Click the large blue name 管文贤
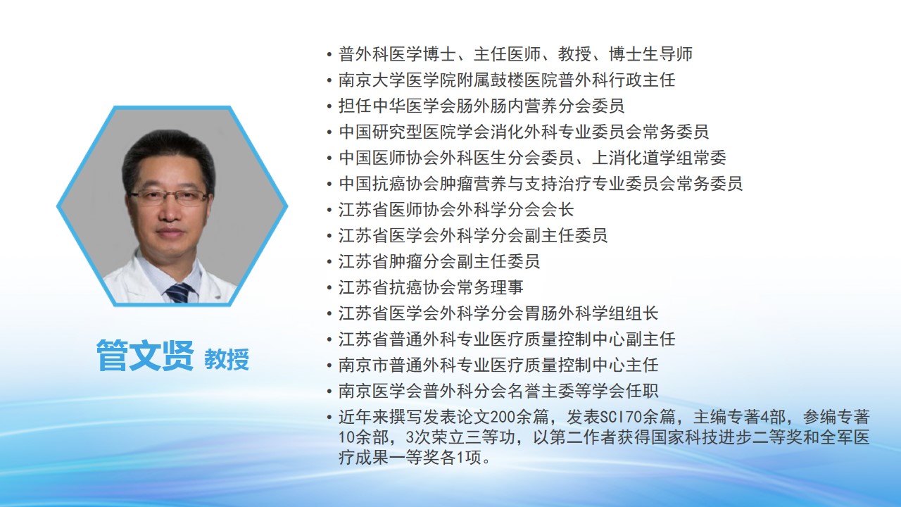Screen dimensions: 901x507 point(145,356)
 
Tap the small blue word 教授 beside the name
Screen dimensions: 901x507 point(227,359)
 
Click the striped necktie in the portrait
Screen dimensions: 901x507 point(179,293)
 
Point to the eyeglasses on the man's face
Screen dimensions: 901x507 point(168,196)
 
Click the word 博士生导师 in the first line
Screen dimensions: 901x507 point(650,54)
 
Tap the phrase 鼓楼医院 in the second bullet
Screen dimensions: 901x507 point(524,80)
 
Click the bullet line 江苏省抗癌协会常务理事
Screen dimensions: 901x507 point(431,287)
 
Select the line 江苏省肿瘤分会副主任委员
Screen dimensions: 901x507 point(439,261)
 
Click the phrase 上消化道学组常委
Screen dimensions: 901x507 point(659,158)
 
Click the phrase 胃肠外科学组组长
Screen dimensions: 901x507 point(591,313)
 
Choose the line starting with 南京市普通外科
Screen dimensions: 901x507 point(498,365)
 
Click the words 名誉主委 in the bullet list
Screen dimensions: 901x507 point(541,391)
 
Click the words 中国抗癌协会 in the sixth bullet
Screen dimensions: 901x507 point(380,184)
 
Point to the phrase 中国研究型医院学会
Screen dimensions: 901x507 point(413,132)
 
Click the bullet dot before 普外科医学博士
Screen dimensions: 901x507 point(329,55)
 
